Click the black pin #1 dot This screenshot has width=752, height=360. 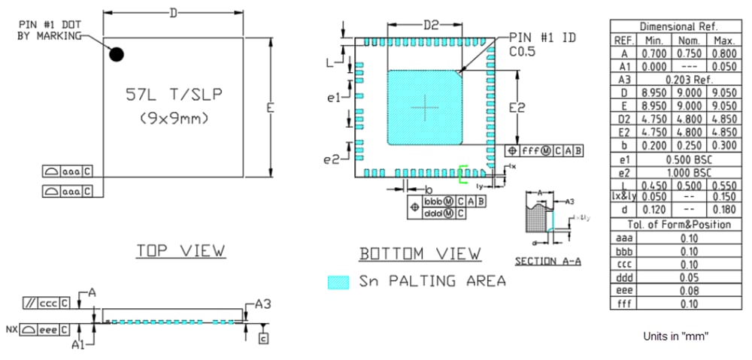point(117,54)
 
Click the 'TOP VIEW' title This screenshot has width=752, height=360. point(180,251)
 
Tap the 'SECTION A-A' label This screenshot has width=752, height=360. point(547,262)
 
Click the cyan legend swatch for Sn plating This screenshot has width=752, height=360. point(339,282)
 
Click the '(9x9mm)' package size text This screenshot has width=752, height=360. point(174,119)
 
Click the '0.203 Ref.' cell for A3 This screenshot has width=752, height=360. point(688,79)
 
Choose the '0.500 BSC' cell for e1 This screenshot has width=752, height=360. point(688,159)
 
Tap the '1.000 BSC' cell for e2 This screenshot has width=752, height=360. point(688,172)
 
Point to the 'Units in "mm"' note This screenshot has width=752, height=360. point(676,336)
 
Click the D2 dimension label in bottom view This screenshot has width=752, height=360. point(430,25)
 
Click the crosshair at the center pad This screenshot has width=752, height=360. point(424,108)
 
